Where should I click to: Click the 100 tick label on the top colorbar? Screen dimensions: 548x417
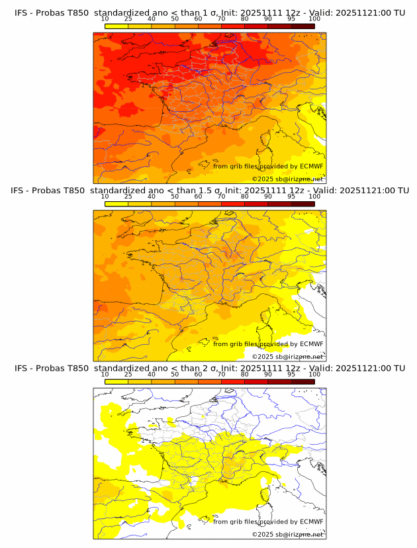pyautogui.click(x=314, y=19)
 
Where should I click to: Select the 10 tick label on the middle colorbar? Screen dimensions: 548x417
pyautogui.click(x=105, y=196)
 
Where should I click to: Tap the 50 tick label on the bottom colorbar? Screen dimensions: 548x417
pyautogui.click(x=175, y=374)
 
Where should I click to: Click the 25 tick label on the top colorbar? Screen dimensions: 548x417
pyautogui.click(x=128, y=19)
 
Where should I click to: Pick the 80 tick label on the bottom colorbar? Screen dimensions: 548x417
pyautogui.click(x=245, y=374)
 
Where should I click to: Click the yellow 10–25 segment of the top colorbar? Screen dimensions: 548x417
pyautogui.click(x=116, y=26)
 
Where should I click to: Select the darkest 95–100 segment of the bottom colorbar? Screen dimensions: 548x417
pyautogui.click(x=302, y=382)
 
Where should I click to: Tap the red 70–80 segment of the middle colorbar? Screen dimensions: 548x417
pyautogui.click(x=233, y=204)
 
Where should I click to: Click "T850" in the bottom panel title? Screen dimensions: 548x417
pyautogui.click(x=77, y=367)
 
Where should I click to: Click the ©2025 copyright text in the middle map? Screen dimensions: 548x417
pyautogui.click(x=287, y=357)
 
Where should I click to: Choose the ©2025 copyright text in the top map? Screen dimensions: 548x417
pyautogui.click(x=287, y=179)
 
